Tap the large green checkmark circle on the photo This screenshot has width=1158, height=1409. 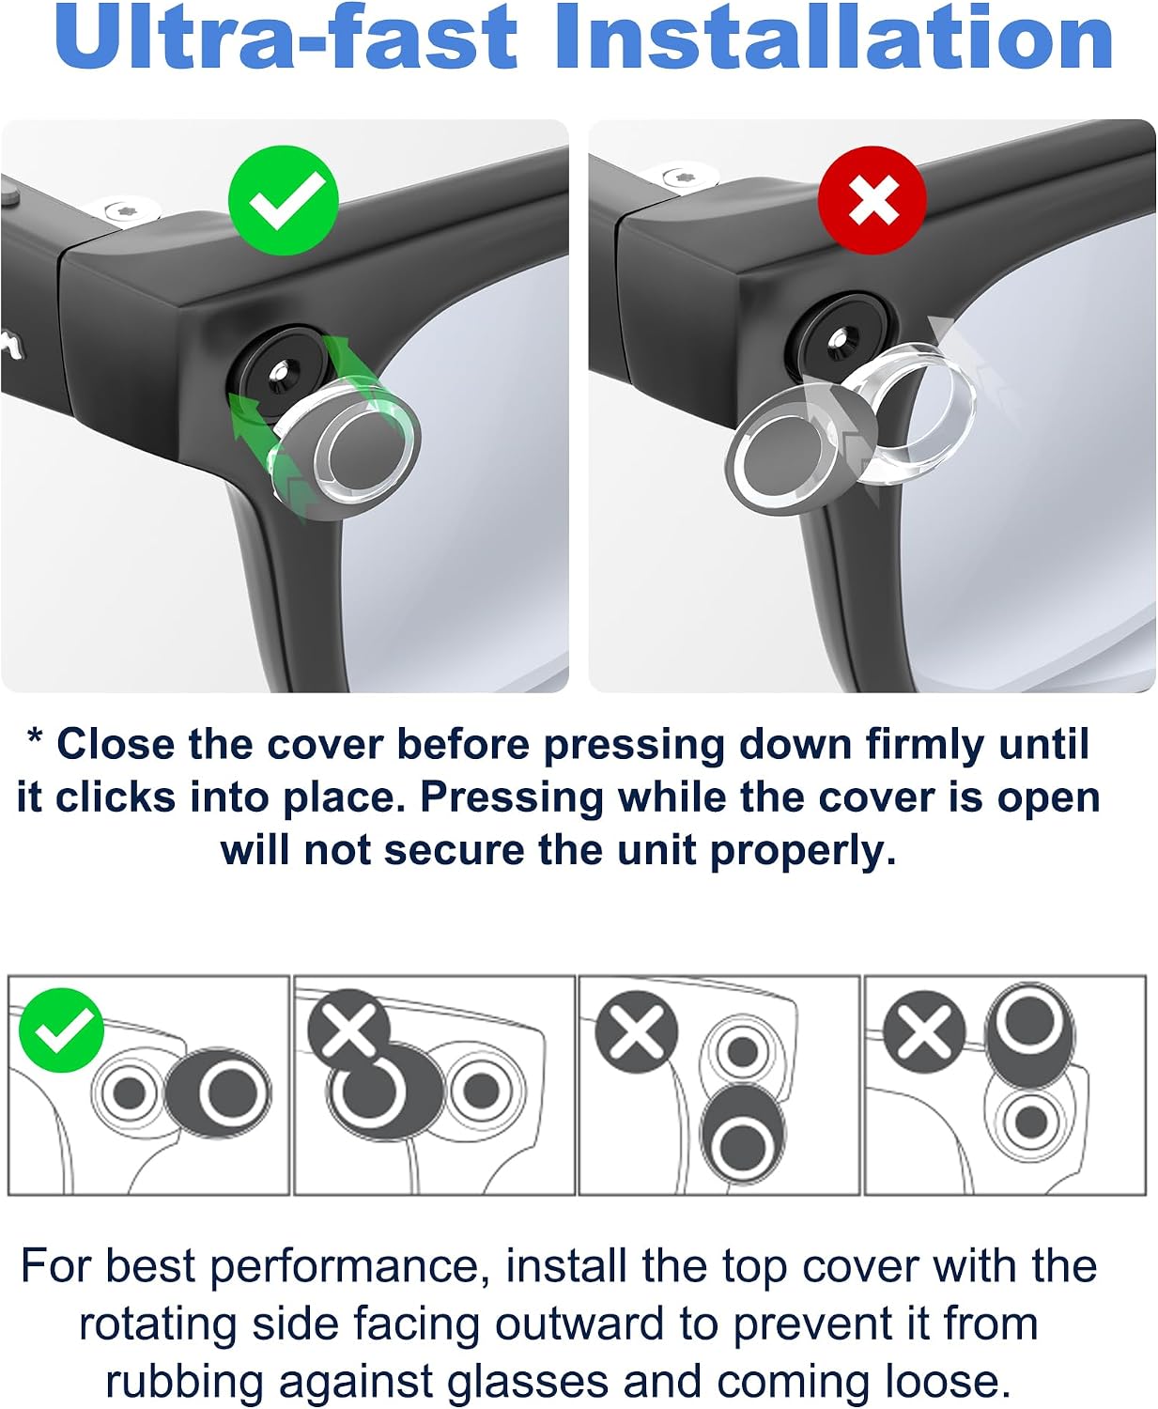tap(283, 200)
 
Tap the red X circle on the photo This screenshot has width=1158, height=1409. tap(872, 200)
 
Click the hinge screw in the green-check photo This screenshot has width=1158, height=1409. tap(130, 209)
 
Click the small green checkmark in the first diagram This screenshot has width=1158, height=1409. tap(61, 1030)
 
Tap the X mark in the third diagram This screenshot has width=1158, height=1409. tap(637, 1031)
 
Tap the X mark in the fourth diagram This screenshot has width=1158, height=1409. tap(924, 1031)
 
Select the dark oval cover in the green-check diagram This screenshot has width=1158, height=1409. tap(218, 1093)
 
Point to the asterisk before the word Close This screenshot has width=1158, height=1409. tap(35, 737)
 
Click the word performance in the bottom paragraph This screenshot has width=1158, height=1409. tap(345, 1267)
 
